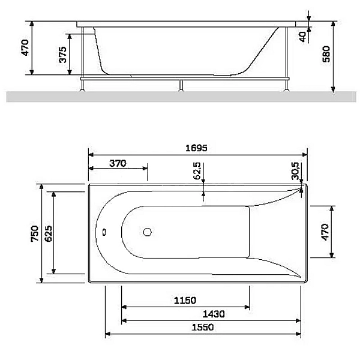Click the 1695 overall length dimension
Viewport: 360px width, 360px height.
196,148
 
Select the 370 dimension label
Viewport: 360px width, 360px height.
118,163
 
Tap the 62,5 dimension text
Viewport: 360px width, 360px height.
197,171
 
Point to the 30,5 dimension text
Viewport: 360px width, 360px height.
295,171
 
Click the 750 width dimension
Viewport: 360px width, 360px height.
35,233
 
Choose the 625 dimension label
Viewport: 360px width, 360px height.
49,233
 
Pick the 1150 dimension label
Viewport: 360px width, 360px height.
185,301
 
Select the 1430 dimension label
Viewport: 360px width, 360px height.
214,314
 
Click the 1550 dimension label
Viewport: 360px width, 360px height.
203,327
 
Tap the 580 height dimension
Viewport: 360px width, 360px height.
326,54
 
